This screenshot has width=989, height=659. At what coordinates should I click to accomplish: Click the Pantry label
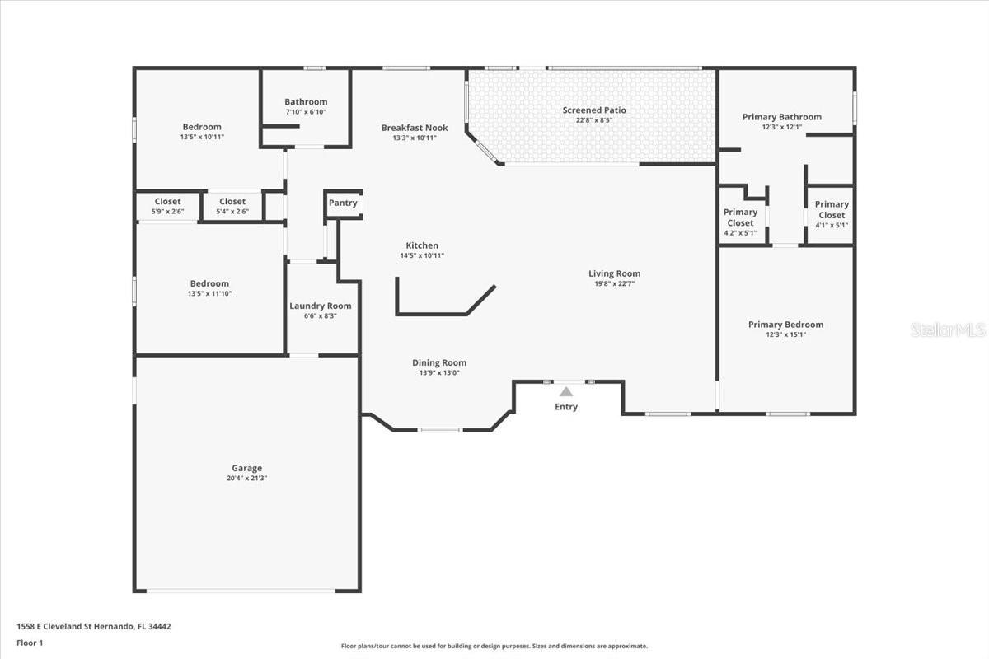point(343,203)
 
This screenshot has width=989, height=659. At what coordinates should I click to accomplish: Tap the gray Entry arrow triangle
point(566,391)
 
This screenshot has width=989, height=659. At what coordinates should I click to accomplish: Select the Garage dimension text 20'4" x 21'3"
point(246,478)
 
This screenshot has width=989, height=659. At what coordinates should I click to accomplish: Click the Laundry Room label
point(321,306)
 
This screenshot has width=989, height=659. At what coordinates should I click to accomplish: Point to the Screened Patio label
point(594,110)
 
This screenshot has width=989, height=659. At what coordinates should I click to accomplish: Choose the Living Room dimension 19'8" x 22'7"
point(615,283)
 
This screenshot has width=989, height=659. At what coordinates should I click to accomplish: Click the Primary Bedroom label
point(786,325)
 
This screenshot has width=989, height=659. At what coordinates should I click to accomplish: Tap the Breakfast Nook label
point(415,128)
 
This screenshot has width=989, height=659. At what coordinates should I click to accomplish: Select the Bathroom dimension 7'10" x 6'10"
point(306,112)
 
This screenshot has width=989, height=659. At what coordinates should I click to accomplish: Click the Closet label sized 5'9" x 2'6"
point(168,201)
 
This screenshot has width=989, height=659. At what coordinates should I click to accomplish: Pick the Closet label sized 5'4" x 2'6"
point(232,201)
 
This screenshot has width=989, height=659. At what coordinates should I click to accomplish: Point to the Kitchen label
point(422,245)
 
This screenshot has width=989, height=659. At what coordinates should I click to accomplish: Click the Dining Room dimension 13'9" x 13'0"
point(439,372)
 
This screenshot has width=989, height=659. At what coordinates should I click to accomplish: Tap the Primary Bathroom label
point(782,117)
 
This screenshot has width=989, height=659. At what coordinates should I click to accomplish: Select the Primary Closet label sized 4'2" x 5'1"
point(740,217)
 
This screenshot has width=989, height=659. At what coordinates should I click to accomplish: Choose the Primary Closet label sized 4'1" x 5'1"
point(832,210)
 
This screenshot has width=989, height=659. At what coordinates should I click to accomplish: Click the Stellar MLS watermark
point(948,329)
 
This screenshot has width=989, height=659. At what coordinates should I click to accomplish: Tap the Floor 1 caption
point(30,643)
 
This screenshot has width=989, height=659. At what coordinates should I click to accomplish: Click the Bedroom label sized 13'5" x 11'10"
point(209,283)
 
